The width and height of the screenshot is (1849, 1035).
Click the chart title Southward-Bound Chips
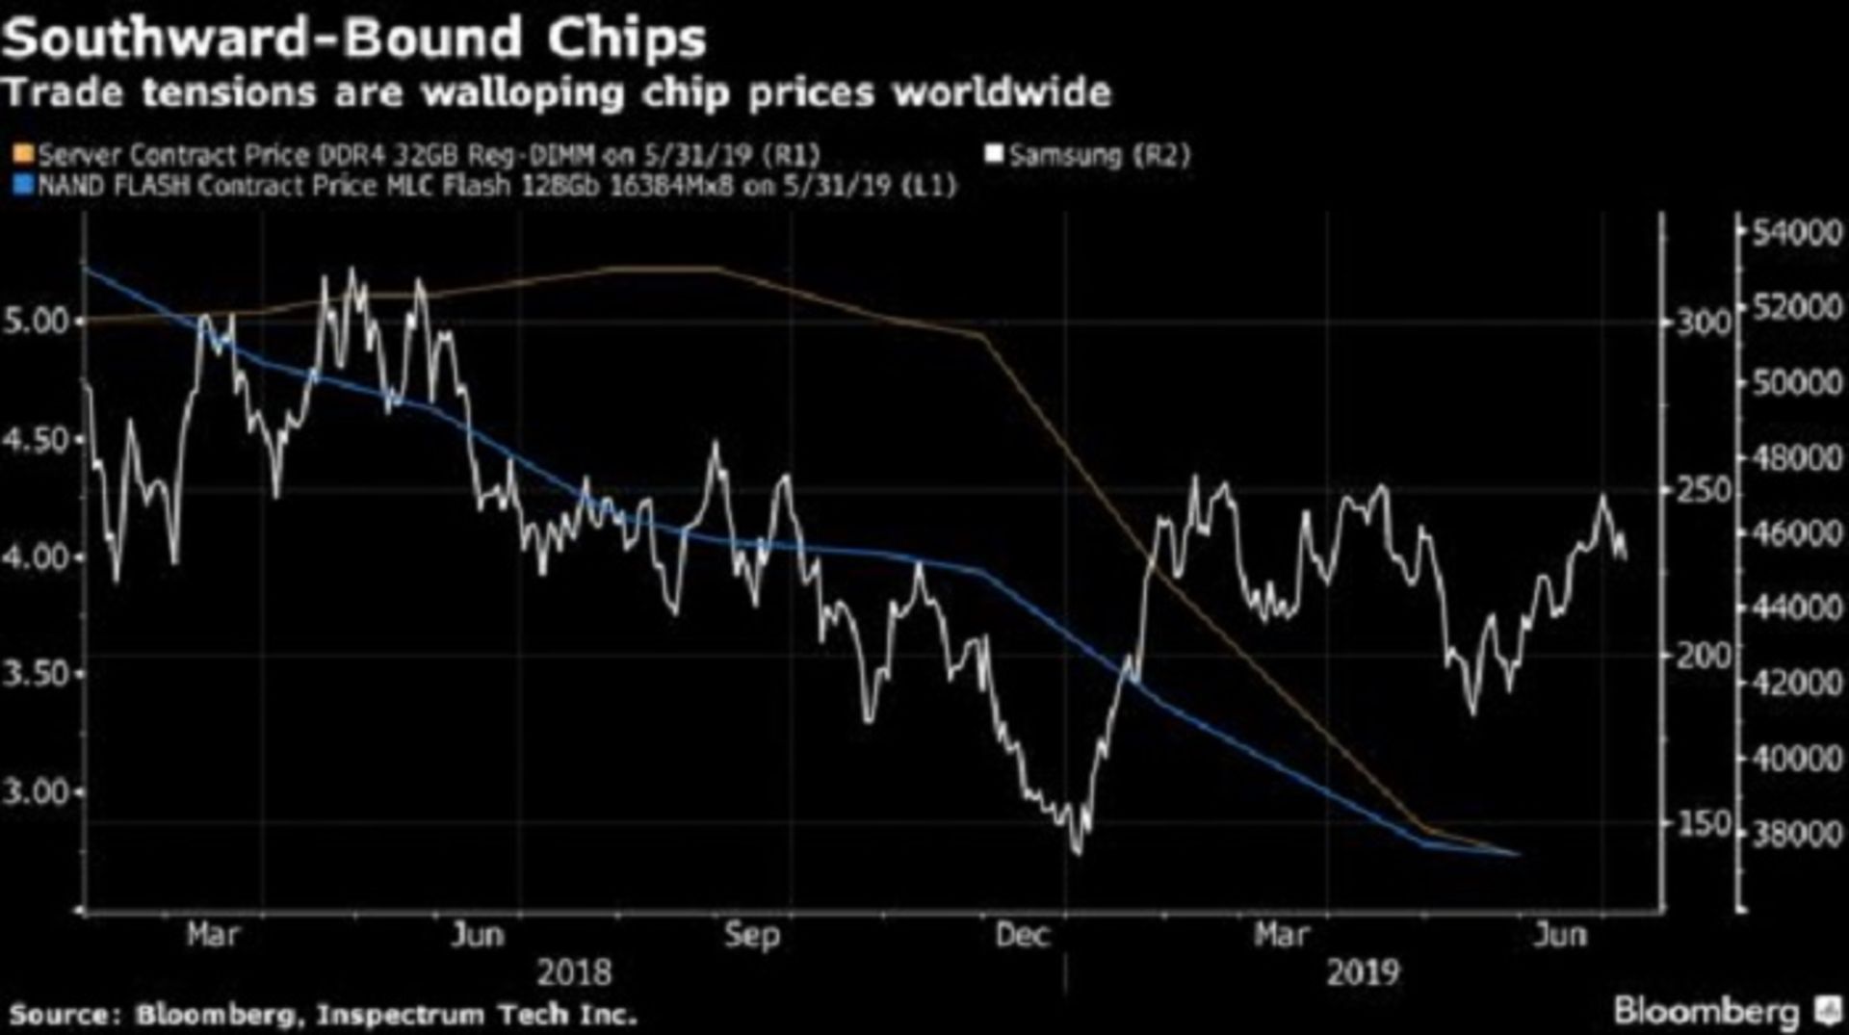(354, 39)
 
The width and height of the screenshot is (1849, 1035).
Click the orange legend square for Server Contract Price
(23, 155)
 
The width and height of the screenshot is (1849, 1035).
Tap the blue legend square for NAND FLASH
(23, 185)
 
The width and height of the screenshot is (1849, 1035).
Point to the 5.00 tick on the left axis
(38, 321)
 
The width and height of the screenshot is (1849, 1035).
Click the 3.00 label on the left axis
(38, 792)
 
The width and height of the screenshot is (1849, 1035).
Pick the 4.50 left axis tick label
(38, 439)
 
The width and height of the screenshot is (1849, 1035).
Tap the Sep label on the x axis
(752, 935)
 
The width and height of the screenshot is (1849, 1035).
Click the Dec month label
(1022, 935)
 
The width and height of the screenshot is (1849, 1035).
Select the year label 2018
(574, 972)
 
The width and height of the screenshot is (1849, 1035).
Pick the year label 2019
(1362, 972)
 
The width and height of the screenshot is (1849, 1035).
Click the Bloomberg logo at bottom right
(1724, 1011)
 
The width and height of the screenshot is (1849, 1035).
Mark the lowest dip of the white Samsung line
(1077, 851)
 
